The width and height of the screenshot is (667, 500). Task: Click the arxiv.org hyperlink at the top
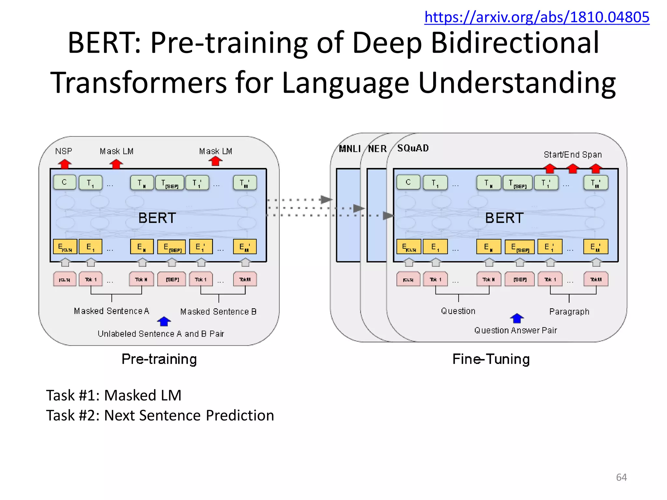537,17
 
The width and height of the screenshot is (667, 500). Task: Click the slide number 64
621,477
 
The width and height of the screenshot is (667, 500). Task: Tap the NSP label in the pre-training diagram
64,151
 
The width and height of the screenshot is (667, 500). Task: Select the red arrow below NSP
65,164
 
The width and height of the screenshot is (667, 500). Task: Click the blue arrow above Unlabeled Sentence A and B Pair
164,322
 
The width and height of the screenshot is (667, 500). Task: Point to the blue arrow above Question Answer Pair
517,318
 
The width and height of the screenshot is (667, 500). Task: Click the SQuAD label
413,148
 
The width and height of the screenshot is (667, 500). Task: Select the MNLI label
349,149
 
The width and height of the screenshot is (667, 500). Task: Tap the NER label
377,149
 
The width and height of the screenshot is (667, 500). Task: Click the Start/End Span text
573,155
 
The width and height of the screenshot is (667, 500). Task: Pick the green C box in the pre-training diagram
64,182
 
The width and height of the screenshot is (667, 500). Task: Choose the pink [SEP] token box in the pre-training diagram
172,280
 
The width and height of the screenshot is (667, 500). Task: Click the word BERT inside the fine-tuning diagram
504,218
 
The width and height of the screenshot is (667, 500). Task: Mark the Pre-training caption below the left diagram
159,359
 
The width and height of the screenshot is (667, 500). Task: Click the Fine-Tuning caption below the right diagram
491,359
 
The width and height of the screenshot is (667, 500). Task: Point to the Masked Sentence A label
111,311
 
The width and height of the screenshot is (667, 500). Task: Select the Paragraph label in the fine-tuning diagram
569,312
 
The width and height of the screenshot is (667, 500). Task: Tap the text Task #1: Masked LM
114,395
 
